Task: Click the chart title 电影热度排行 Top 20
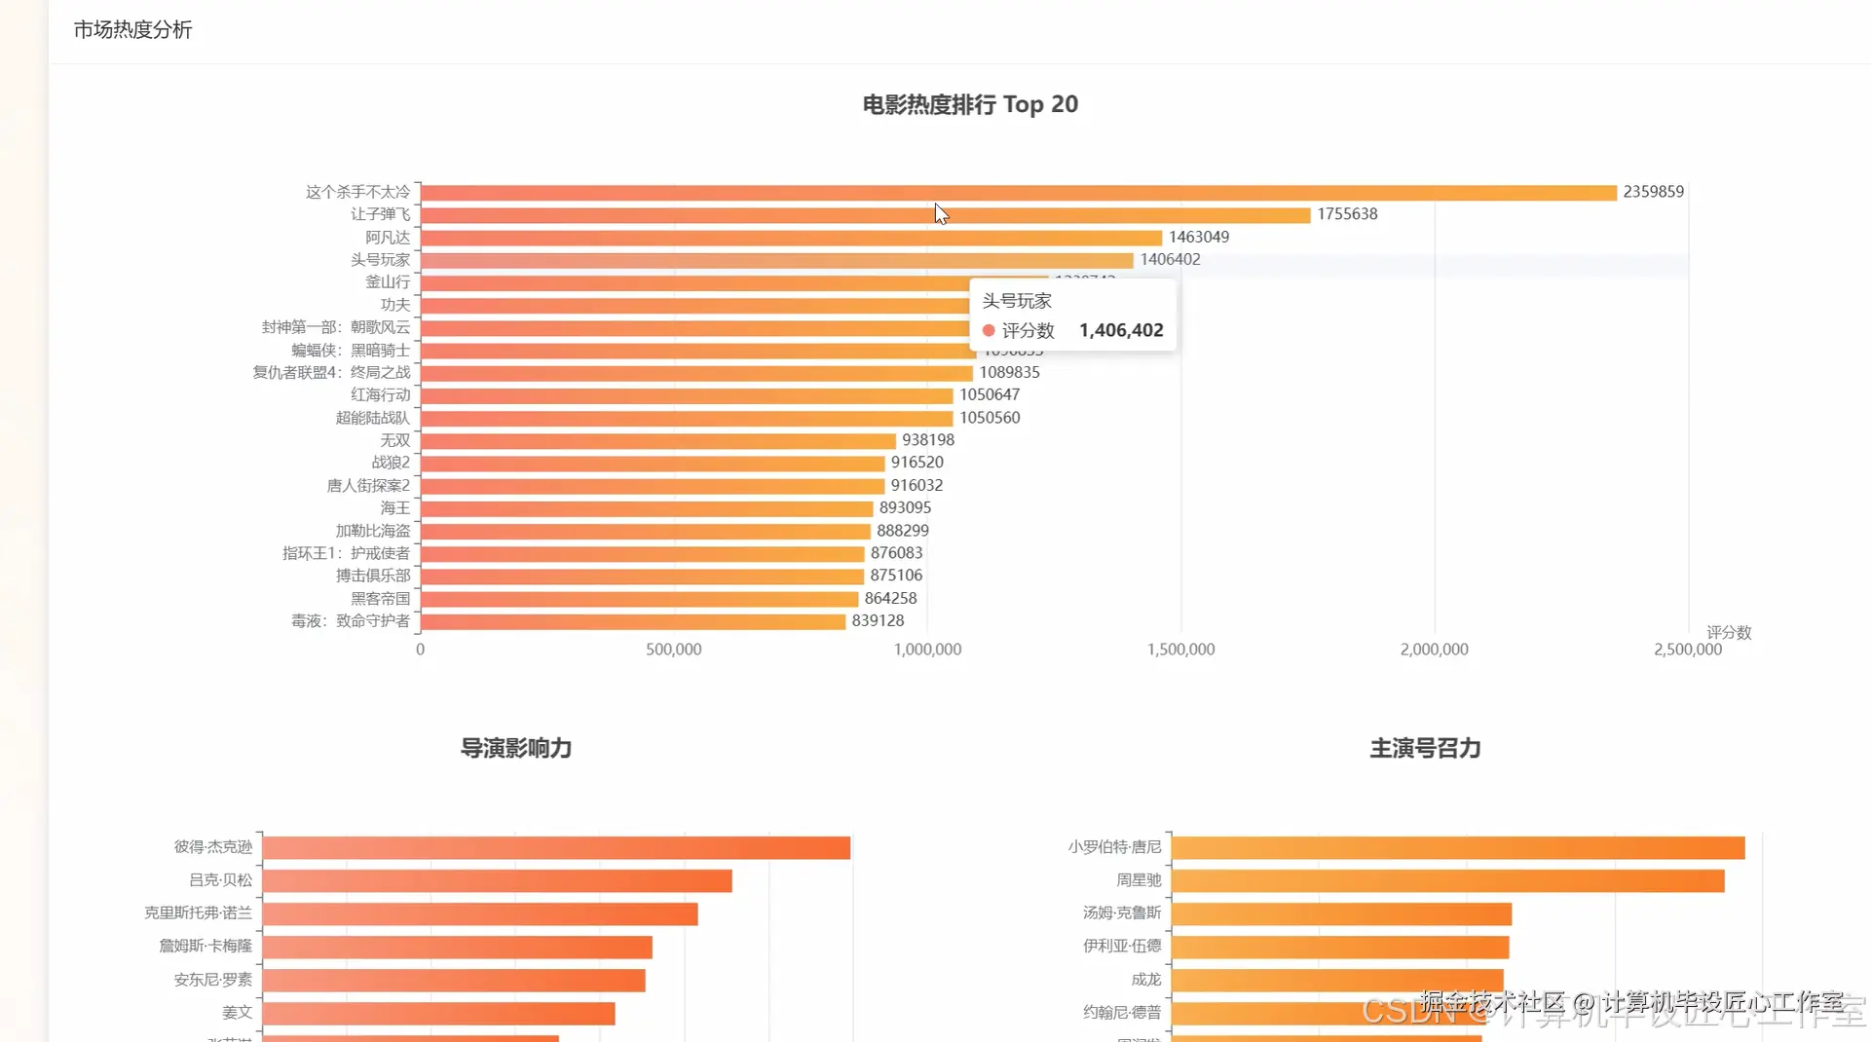click(x=970, y=104)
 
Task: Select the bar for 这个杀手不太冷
click(x=1018, y=193)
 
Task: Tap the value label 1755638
click(x=1347, y=214)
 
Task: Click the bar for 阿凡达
click(x=791, y=238)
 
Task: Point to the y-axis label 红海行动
click(x=380, y=394)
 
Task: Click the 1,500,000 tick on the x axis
click(x=1180, y=650)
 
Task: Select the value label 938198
click(x=928, y=440)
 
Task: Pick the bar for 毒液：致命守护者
click(x=632, y=621)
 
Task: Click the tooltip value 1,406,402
click(x=1121, y=331)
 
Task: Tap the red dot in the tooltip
click(x=989, y=331)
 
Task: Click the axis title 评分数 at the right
click(x=1729, y=632)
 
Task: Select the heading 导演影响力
click(x=516, y=748)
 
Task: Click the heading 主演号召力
click(x=1425, y=748)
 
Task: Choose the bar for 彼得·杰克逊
click(x=556, y=847)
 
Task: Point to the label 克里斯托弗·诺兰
click(x=198, y=912)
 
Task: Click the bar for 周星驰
click(x=1447, y=880)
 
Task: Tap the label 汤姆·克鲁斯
click(x=1122, y=912)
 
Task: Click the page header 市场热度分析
click(x=132, y=30)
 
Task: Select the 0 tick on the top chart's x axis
click(x=420, y=650)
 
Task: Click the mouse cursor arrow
click(x=940, y=213)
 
